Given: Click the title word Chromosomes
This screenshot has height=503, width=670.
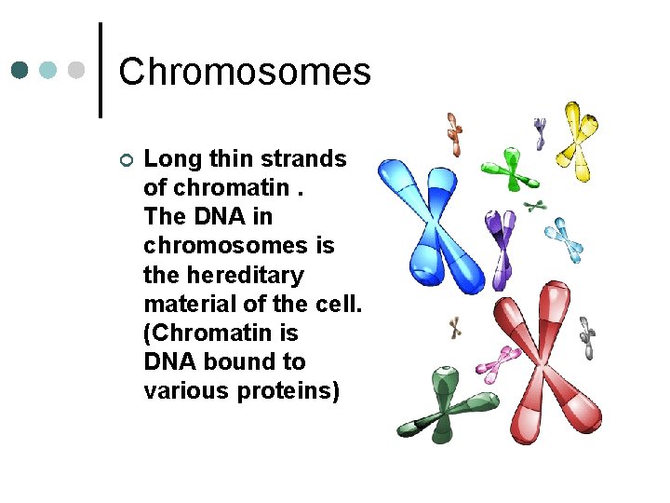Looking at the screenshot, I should [x=245, y=72].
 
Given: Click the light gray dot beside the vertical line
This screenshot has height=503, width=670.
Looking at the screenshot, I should [x=76, y=71].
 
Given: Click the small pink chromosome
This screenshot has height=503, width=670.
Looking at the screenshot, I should [x=502, y=362].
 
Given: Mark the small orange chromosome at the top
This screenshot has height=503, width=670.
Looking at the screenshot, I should [x=453, y=133].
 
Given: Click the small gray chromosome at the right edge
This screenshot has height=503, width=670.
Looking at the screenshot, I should [x=587, y=336].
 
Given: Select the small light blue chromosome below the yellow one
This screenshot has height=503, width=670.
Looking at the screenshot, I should [x=564, y=238].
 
